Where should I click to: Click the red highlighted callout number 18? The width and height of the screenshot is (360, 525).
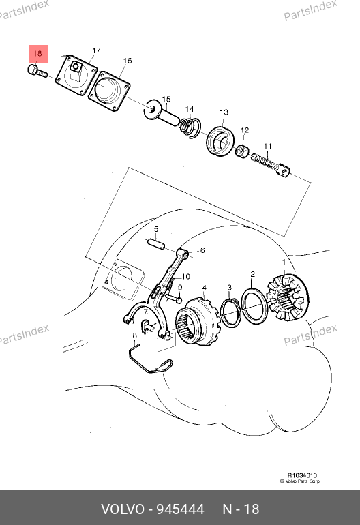coord(37,54)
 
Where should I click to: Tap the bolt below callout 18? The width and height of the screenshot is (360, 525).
coord(37,72)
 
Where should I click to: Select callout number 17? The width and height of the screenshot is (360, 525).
coord(96,50)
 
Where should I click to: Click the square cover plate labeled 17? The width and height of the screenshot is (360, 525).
coord(76,76)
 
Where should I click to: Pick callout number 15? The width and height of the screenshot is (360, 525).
coord(166,99)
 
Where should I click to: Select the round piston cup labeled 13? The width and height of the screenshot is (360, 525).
coord(220,141)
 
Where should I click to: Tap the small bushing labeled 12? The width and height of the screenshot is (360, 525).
coord(243,151)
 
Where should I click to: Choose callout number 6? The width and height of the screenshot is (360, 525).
coord(202,250)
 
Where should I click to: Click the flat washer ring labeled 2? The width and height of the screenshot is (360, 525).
coord(255,305)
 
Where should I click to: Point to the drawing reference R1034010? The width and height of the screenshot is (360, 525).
coord(302,475)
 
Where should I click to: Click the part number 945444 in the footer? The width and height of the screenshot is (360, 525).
coord(181,509)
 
